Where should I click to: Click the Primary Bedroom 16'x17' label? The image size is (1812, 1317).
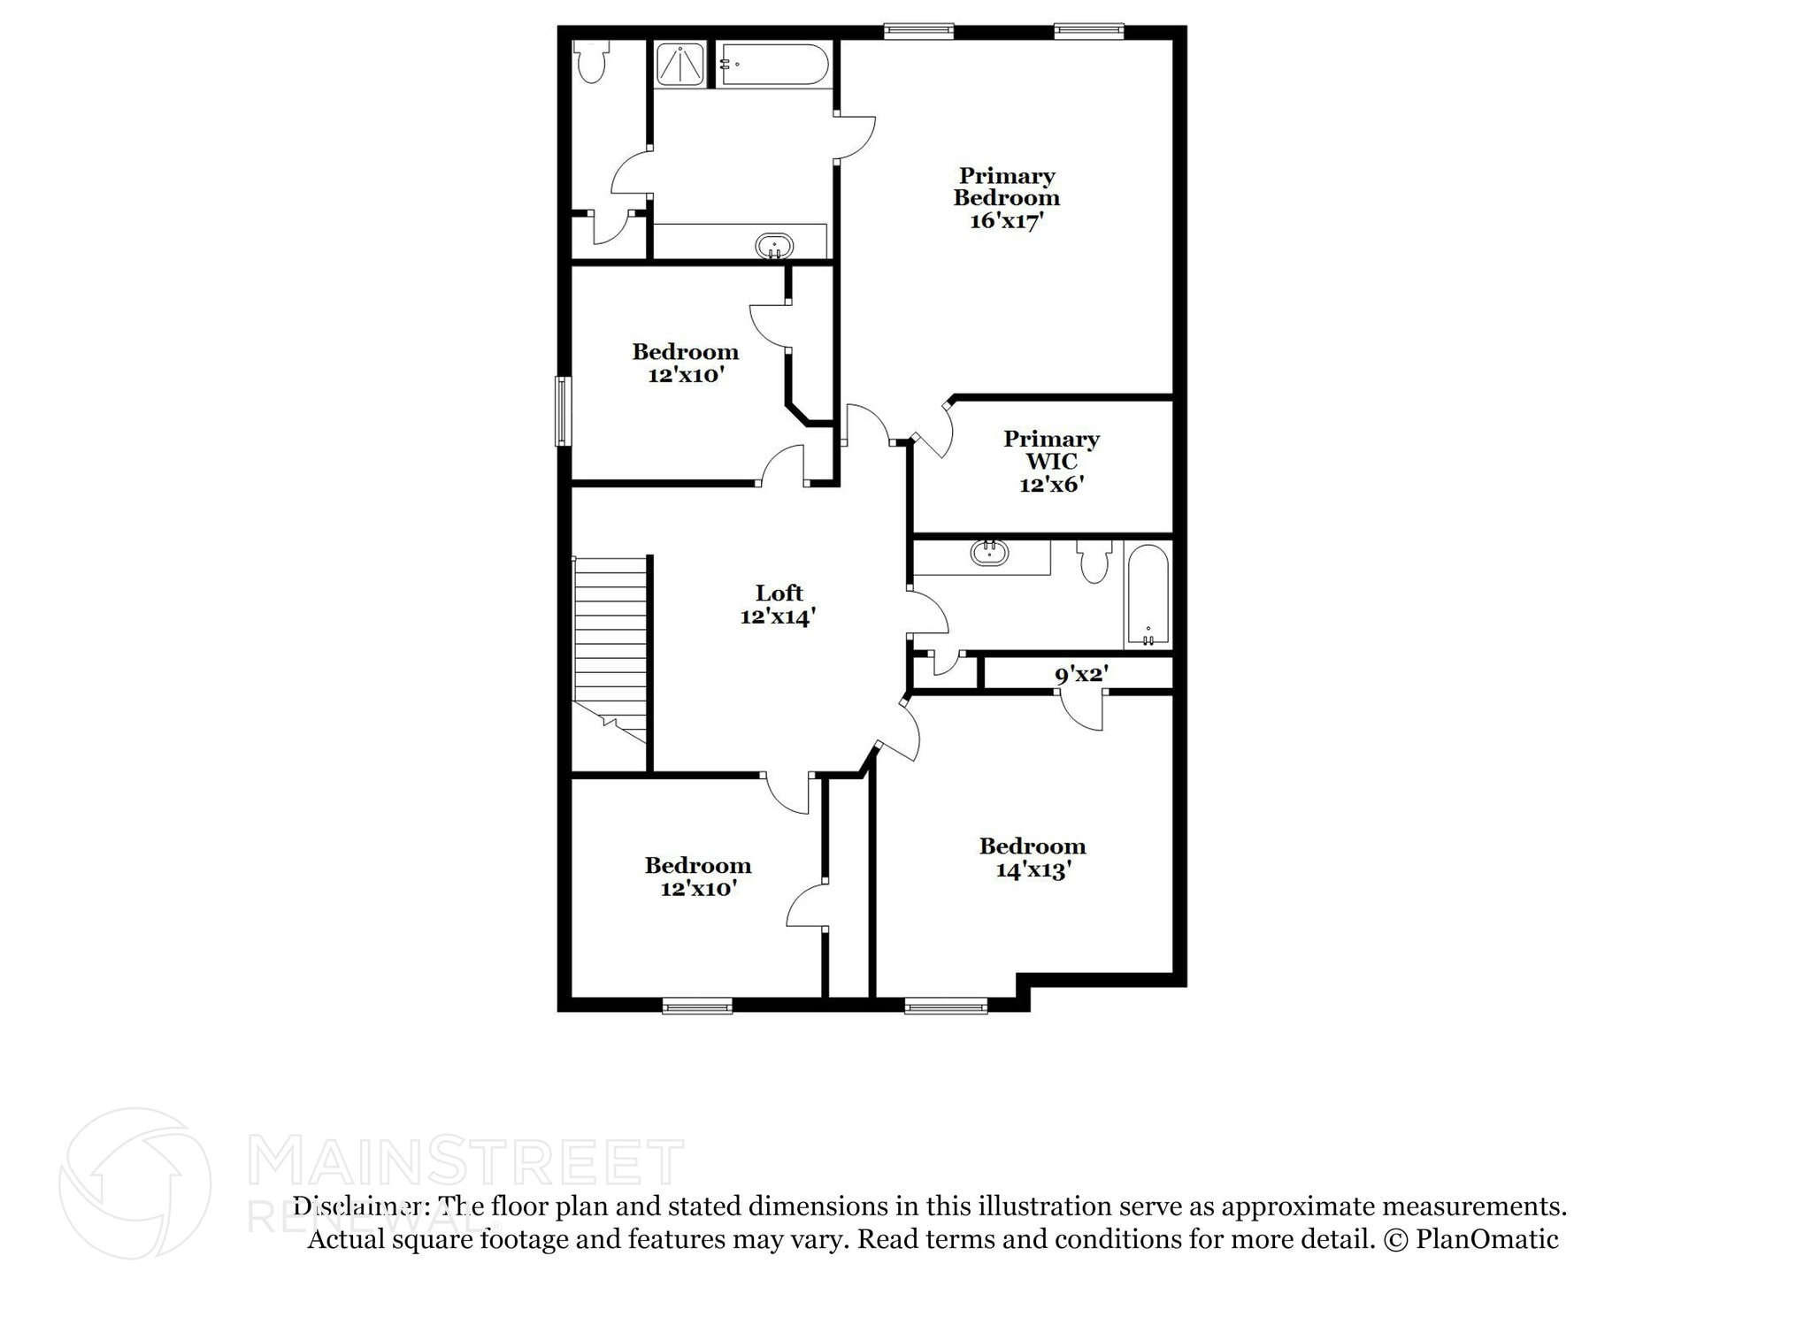tap(1006, 198)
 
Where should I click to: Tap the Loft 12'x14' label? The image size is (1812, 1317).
tap(778, 605)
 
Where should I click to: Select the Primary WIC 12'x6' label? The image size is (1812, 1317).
tap(1051, 462)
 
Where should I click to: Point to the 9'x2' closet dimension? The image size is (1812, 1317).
tap(1081, 675)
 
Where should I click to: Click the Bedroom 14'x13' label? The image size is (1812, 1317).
tap(1033, 858)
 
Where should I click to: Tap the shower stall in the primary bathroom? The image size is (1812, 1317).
tap(679, 65)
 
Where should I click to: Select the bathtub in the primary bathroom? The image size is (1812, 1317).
tap(774, 65)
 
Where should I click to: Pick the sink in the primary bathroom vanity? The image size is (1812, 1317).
tap(775, 246)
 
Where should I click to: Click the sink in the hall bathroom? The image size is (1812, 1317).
tap(989, 554)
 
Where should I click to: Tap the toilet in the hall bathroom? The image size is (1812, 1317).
tap(1095, 562)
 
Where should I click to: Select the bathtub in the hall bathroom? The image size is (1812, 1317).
tap(1148, 594)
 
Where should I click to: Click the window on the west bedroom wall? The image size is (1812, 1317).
tap(563, 411)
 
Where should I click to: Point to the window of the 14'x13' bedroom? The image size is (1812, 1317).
tap(946, 1005)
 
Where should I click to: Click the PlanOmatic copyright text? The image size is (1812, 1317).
tap(1470, 1239)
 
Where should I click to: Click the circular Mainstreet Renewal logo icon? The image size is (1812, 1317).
tap(135, 1183)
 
